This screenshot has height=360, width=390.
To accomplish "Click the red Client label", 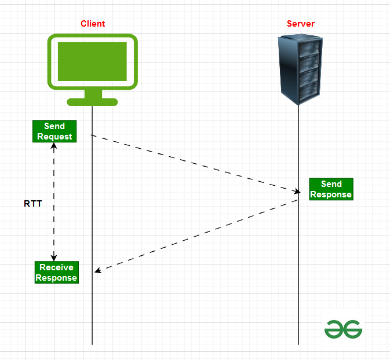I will point(93,24).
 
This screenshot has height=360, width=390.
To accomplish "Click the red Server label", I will point(301,24).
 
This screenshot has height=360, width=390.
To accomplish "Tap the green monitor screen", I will point(93,61).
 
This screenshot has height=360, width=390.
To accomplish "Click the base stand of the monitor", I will point(93,102).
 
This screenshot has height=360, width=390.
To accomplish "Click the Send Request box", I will point(54,131).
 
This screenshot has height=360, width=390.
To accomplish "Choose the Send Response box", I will point(331,189).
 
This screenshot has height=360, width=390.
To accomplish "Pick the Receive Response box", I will point(56,272).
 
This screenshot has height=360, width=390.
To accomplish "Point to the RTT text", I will point(32,204).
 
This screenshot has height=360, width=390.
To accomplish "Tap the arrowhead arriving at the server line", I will point(297,192).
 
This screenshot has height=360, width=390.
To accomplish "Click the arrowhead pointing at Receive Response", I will point(98,270).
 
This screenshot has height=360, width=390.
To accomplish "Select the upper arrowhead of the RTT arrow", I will point(54,145).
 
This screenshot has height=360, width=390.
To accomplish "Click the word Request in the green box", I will point(54,137).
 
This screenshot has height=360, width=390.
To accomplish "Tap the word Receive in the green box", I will point(56,267).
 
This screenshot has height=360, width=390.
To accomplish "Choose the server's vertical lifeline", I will point(299,289).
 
